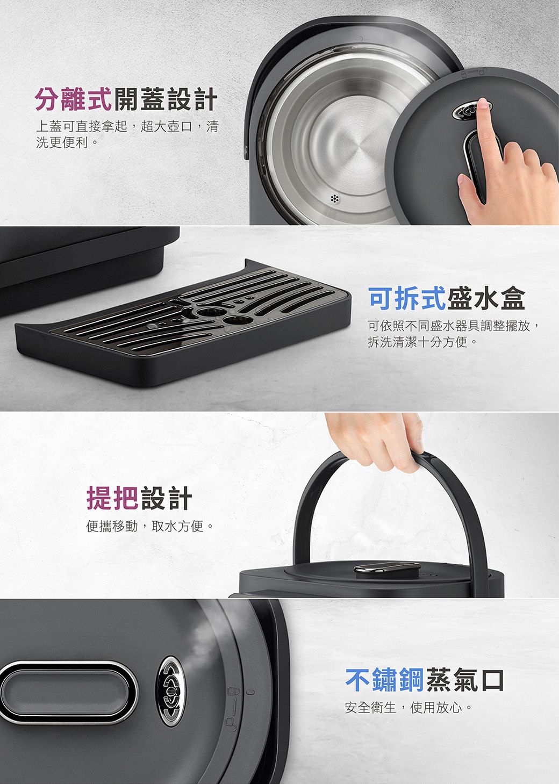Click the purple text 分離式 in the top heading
tap(74, 99)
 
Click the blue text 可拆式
tap(407, 298)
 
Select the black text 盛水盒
tap(486, 298)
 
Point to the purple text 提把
tap(112, 498)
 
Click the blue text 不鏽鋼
tap(384, 679)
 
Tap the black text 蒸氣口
tap(464, 679)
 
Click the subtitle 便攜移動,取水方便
tap(150, 526)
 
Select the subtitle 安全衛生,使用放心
tap(408, 708)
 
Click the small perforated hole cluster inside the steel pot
tap(335, 199)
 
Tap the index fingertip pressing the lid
tap(483, 104)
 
